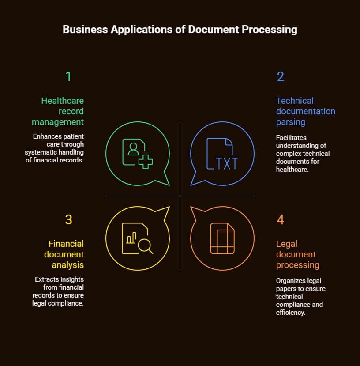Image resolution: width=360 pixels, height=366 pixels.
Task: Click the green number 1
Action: click(68, 77)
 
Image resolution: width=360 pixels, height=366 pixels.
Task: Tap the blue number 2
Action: click(281, 77)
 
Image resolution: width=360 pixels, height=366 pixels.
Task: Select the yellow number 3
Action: click(68, 219)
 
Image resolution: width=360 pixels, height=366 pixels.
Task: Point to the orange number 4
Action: click(281, 219)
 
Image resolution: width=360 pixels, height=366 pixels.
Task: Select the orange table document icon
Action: click(222, 238)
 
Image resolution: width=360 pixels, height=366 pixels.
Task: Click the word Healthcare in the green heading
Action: click(62, 101)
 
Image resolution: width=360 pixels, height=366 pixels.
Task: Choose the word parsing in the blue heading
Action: click(291, 122)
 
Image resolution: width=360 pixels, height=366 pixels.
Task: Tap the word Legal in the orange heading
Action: click(287, 244)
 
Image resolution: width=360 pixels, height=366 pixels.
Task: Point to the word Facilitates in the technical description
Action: click(291, 137)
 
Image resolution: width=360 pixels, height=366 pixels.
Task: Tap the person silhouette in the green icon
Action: click(133, 148)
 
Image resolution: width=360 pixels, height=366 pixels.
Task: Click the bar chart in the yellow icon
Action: click(131, 239)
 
